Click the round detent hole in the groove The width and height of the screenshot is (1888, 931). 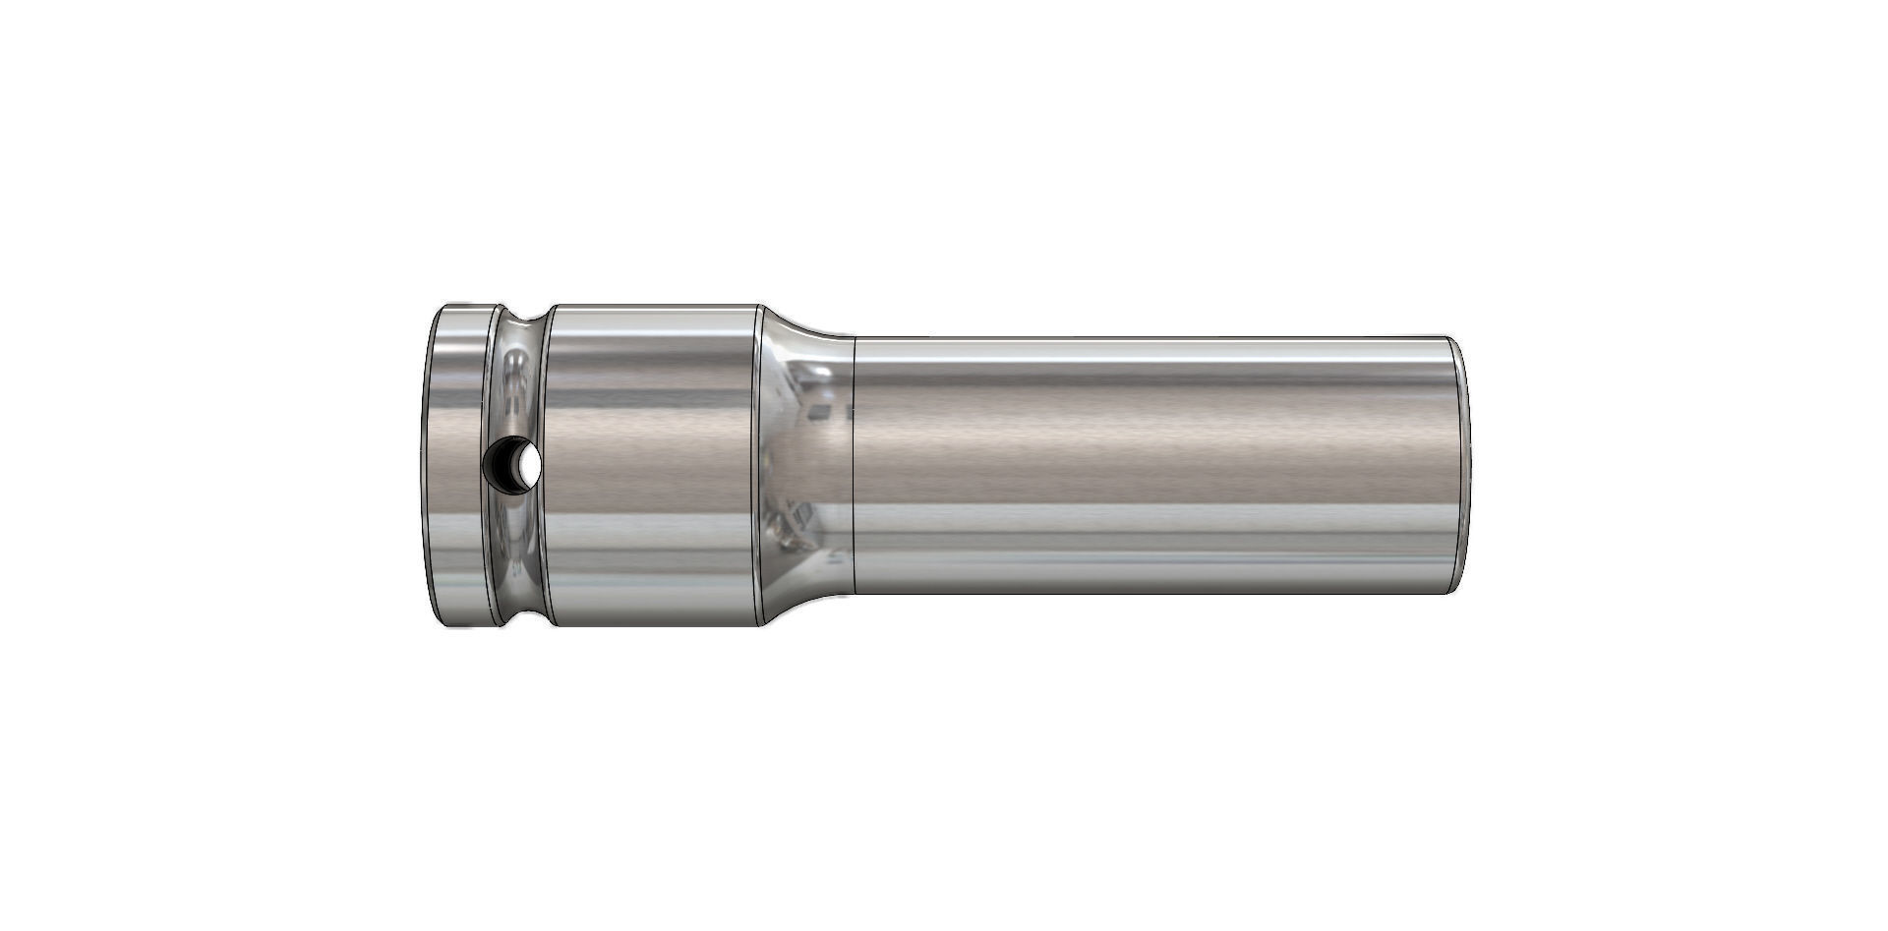tap(514, 463)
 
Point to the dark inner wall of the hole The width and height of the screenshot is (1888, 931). tap(502, 463)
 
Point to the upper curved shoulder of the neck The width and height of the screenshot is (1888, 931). tap(801, 324)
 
